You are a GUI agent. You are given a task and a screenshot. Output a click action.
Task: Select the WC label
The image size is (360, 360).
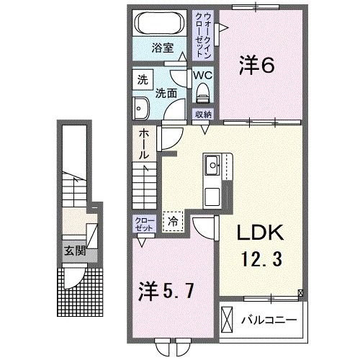[202, 74]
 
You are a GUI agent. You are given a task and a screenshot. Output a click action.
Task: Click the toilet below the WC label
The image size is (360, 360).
[202, 91]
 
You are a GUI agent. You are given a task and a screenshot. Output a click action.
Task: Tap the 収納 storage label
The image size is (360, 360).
[202, 114]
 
